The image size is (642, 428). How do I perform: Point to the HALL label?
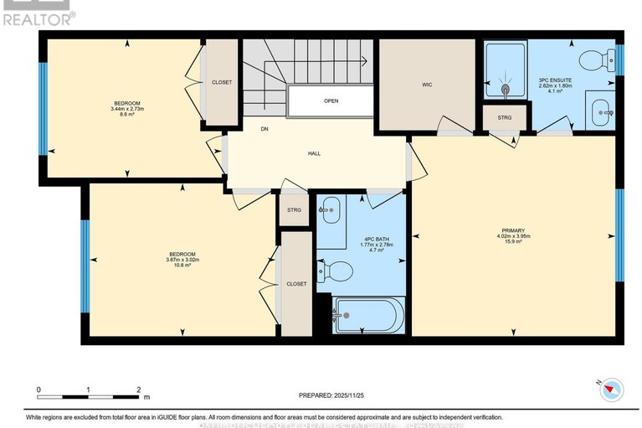pyautogui.click(x=314, y=153)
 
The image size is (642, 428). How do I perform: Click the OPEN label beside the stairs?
pyautogui.click(x=331, y=101)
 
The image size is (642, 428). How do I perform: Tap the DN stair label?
pyautogui.click(x=264, y=129)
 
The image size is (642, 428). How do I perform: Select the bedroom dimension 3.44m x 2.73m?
pyautogui.click(x=128, y=109)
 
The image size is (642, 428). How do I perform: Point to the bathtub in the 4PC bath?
pyautogui.click(x=368, y=316)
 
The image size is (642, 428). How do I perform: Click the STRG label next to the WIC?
pyautogui.click(x=504, y=117)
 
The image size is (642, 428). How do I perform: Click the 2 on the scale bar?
pyautogui.click(x=139, y=390)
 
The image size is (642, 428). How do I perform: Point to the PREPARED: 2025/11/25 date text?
pyautogui.click(x=333, y=395)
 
